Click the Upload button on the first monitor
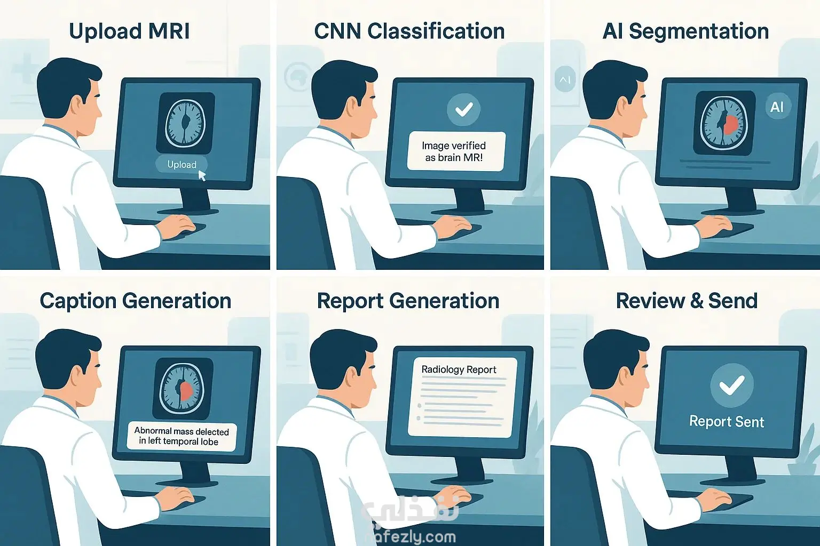(x=182, y=165)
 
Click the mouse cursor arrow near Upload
(x=202, y=175)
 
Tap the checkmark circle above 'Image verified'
(x=463, y=109)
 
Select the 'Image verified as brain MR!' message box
(x=456, y=151)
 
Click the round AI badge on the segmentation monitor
(x=776, y=107)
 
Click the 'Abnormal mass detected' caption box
(x=182, y=436)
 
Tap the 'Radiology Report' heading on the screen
(x=459, y=370)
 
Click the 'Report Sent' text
(x=726, y=422)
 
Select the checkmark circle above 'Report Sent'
(x=731, y=385)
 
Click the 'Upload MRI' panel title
(x=130, y=31)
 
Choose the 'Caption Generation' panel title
(x=136, y=301)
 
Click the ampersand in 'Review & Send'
(x=696, y=301)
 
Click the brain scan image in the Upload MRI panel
(x=185, y=123)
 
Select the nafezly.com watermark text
(x=411, y=537)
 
